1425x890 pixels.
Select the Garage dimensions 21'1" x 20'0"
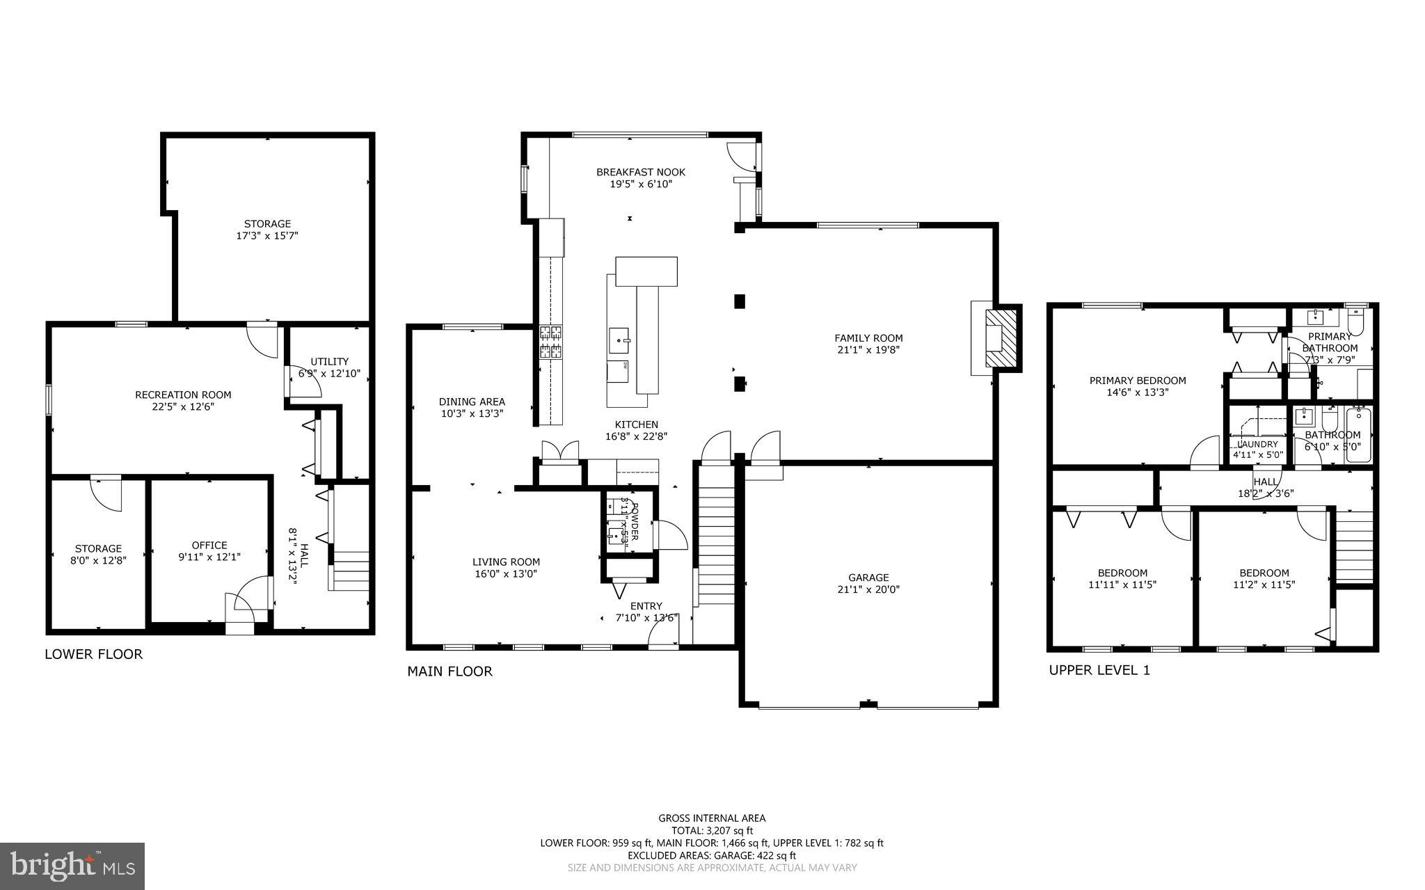(x=868, y=589)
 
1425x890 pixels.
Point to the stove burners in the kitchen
(x=551, y=342)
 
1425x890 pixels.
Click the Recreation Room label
(x=183, y=395)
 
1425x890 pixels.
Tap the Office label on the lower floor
(x=209, y=545)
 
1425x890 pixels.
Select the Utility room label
(x=329, y=361)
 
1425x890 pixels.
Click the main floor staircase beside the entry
(x=716, y=536)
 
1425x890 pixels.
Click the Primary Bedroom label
(x=1137, y=380)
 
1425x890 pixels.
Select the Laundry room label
(x=1257, y=444)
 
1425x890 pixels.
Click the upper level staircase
(x=1353, y=547)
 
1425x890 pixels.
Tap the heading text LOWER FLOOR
(x=93, y=654)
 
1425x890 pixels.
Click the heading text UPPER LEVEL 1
(x=1099, y=670)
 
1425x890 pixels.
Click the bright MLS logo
(x=72, y=866)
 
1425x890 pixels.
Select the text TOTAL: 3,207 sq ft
(x=712, y=830)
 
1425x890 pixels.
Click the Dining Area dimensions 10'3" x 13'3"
(x=472, y=413)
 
